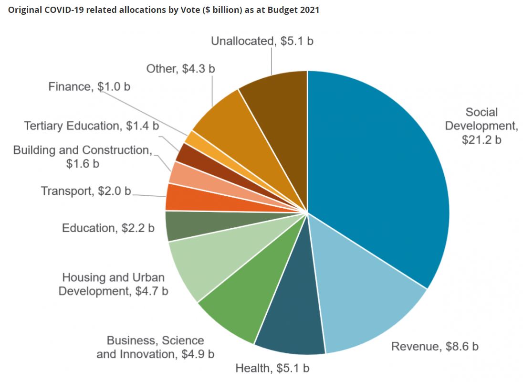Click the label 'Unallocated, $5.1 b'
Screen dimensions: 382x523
[x=262, y=41]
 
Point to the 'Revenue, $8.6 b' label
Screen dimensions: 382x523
[x=434, y=346]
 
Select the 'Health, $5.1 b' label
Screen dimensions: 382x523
[x=272, y=368]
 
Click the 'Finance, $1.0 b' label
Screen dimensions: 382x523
[x=89, y=87]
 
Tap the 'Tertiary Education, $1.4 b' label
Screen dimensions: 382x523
[x=91, y=126]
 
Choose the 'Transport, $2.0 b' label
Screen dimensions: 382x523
[x=86, y=191]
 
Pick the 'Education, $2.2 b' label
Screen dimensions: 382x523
[x=108, y=228]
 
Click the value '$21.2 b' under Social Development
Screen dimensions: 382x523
[x=481, y=140]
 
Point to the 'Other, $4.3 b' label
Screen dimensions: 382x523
[x=180, y=69]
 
